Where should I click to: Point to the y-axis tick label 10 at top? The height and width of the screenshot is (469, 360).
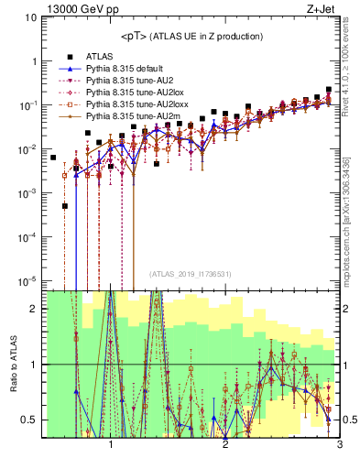point(31,17)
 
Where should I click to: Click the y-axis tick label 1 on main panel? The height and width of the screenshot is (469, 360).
point(34,61)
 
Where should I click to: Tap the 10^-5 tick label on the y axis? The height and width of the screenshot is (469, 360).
point(28,280)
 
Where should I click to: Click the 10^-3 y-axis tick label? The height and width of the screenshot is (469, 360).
point(28,192)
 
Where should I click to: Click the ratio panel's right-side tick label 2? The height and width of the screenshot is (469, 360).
point(346,309)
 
